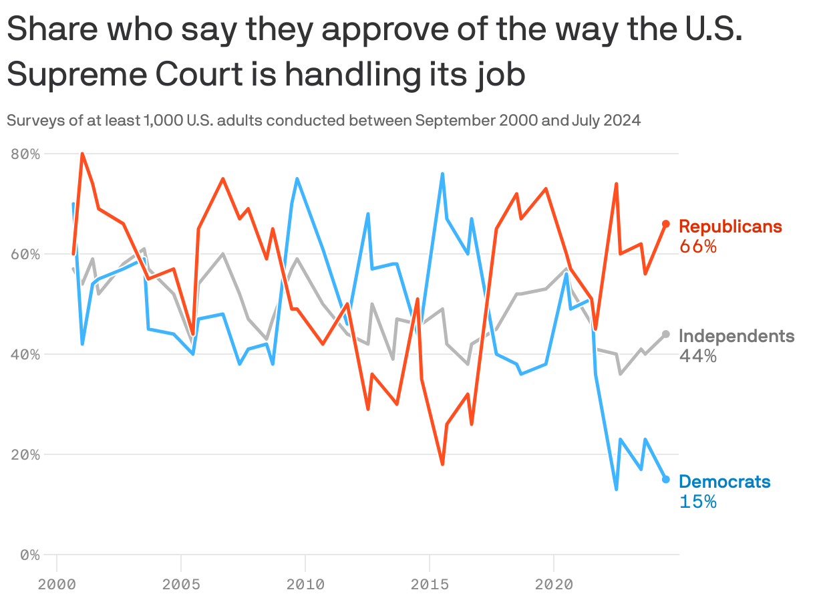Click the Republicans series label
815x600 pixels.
pyautogui.click(x=730, y=227)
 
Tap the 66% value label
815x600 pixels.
pyautogui.click(x=698, y=247)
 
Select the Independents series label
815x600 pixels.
pyautogui.click(x=736, y=336)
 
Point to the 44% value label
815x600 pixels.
pyautogui.click(x=698, y=356)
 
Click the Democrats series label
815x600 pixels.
pyautogui.click(x=724, y=482)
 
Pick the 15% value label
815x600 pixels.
pyautogui.click(x=698, y=502)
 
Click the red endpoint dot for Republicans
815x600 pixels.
pyautogui.click(x=666, y=224)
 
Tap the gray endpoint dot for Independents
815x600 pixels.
pyautogui.click(x=666, y=334)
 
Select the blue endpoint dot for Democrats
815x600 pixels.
pyautogui.click(x=666, y=479)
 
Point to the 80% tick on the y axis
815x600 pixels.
pyautogui.click(x=26, y=154)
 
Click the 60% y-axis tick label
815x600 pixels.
pyautogui.click(x=26, y=255)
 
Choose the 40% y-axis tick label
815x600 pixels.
pyautogui.click(x=26, y=354)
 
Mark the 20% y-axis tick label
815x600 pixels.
pyautogui.click(x=26, y=454)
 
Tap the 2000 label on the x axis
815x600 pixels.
pyautogui.click(x=57, y=585)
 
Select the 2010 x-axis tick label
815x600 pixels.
pyautogui.click(x=305, y=585)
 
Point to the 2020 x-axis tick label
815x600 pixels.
pyautogui.click(x=554, y=585)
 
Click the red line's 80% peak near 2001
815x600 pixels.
pyautogui.click(x=82, y=154)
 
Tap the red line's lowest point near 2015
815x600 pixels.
pyautogui.click(x=442, y=464)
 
